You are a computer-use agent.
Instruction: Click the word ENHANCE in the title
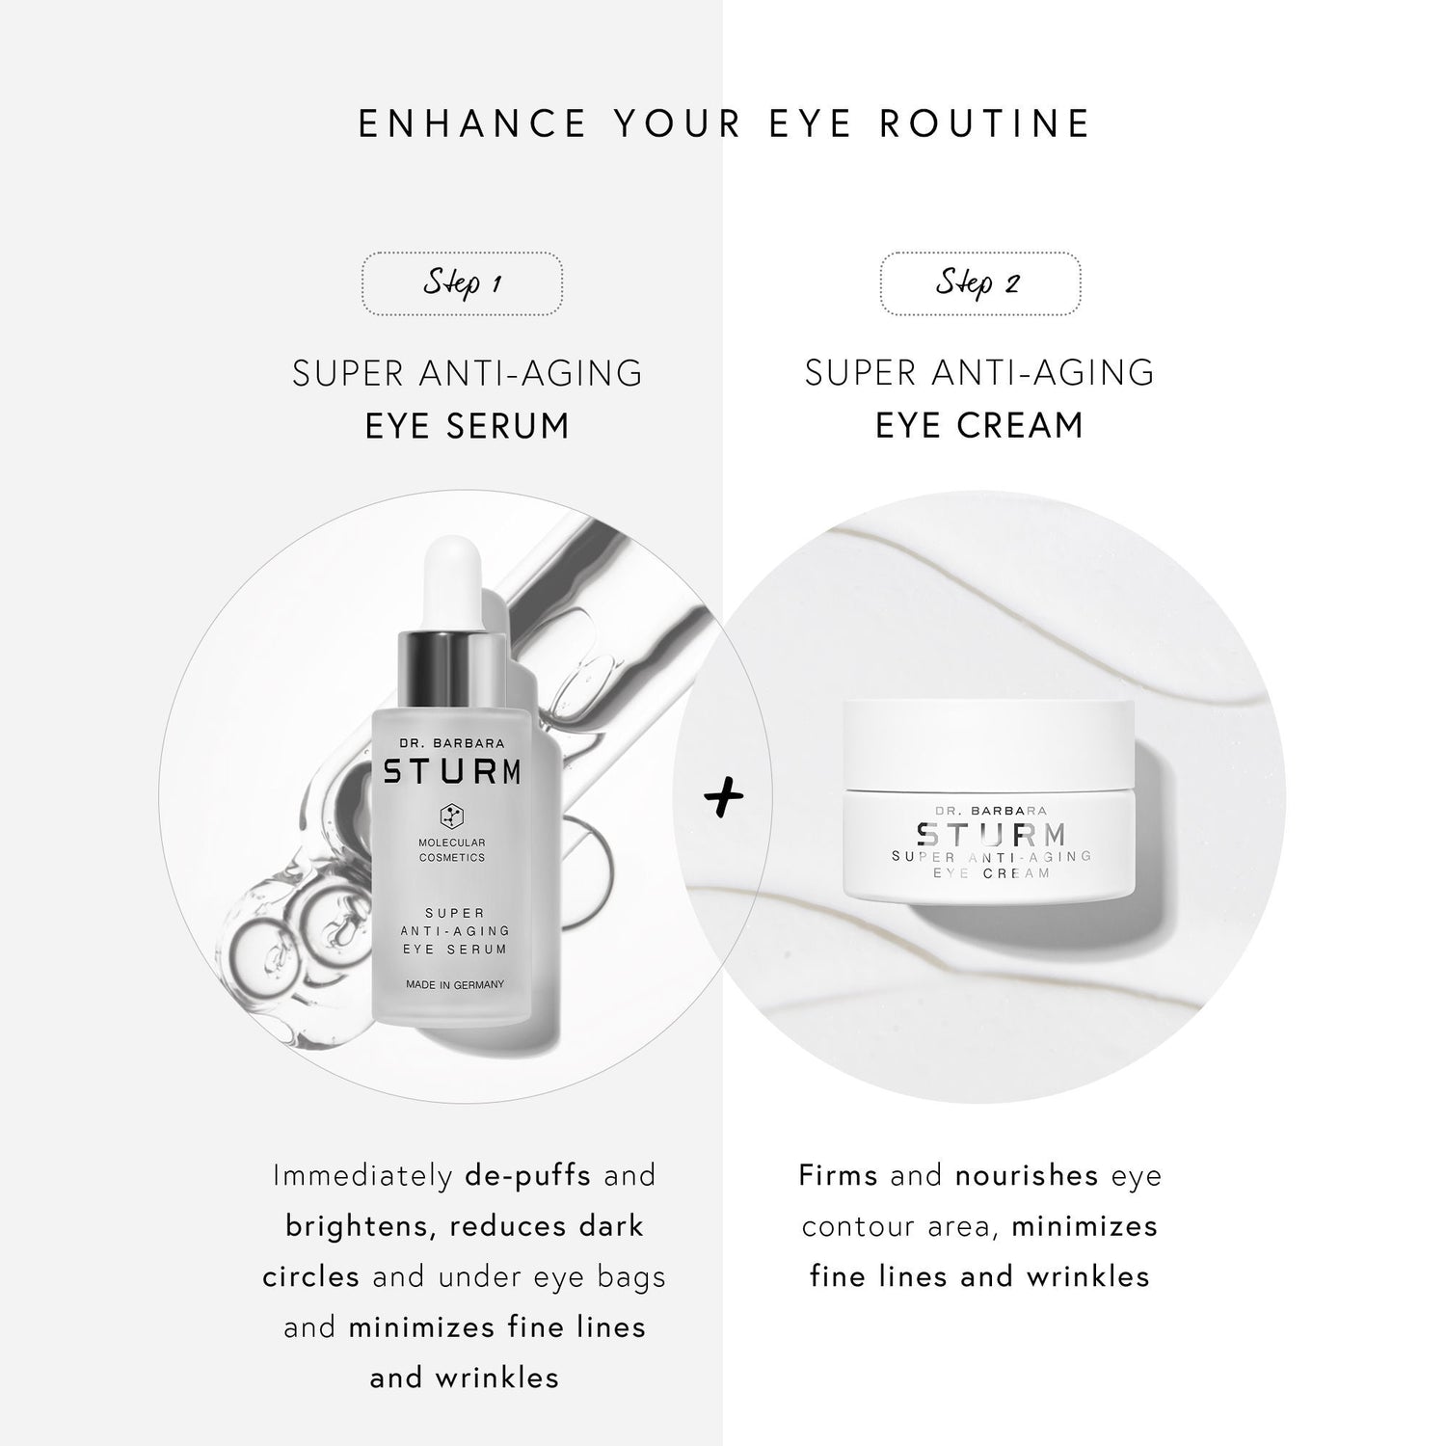point(472,124)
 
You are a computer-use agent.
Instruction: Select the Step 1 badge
point(463,283)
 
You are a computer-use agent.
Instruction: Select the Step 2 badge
point(979,283)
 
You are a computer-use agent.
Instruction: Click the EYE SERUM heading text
point(468,425)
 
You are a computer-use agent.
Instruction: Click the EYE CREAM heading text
point(979,425)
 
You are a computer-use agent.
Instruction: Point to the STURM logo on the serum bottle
point(453,772)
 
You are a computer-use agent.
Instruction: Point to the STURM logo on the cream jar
point(991,833)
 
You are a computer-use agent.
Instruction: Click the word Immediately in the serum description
point(362,1176)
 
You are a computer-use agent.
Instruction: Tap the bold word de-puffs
point(527,1176)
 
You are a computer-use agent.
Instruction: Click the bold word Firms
point(838,1176)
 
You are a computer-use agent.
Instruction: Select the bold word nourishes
point(1027,1176)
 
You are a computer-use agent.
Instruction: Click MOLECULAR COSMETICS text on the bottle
point(452,849)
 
